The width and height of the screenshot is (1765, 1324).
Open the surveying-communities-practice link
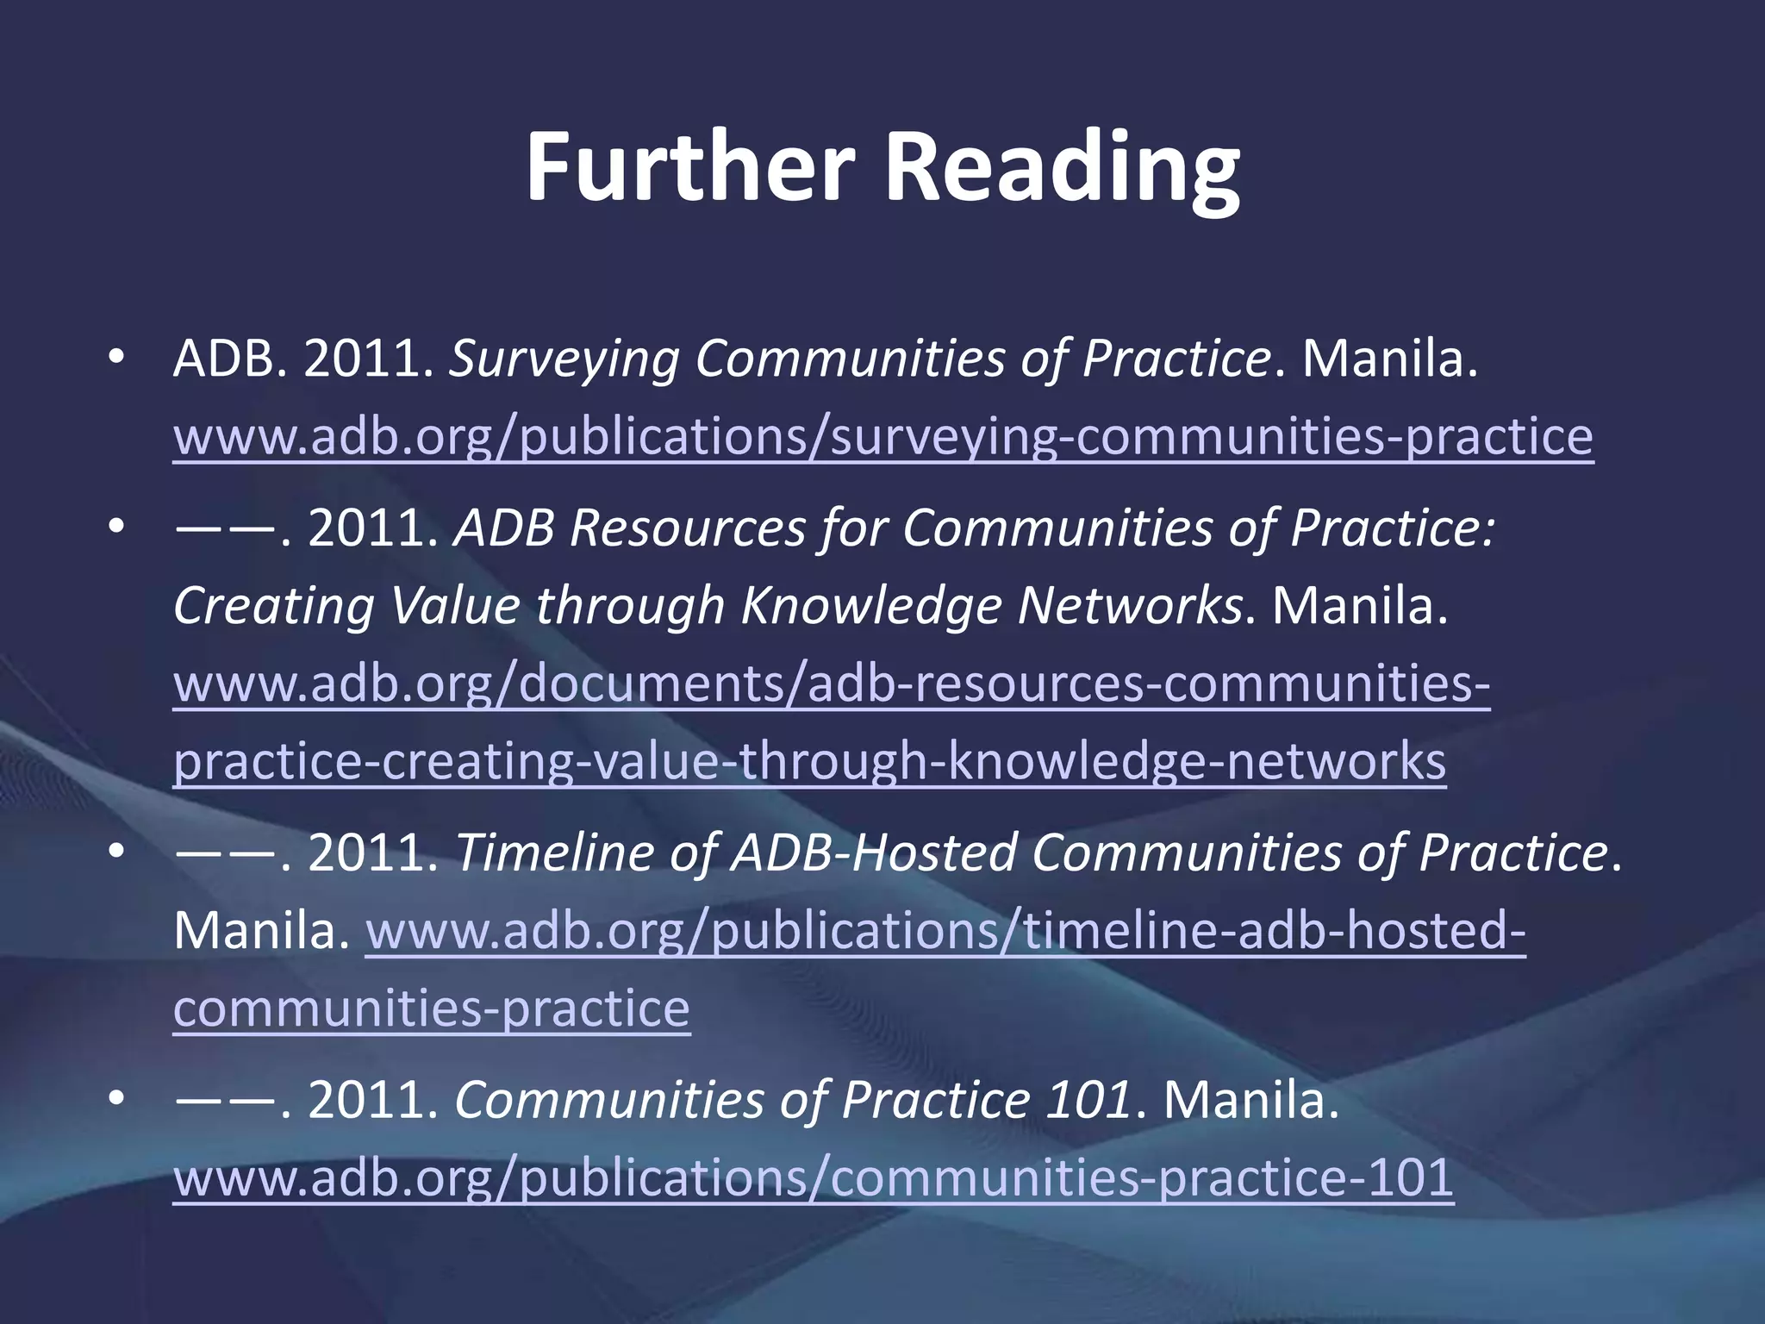pos(882,436)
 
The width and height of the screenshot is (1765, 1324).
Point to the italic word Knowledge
pos(870,605)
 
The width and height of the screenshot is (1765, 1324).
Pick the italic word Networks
pos(1130,605)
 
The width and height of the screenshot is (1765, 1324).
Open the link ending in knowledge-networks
pos(809,760)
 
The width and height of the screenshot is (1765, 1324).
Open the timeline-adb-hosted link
pos(945,931)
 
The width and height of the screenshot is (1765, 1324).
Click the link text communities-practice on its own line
pos(431,1008)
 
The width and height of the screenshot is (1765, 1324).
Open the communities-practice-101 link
pos(813,1177)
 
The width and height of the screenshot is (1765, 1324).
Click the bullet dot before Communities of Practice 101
pos(117,1098)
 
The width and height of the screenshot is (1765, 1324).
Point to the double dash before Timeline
pos(225,853)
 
